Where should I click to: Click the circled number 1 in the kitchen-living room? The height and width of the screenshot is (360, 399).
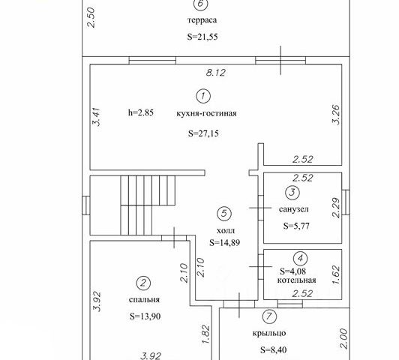(203, 96)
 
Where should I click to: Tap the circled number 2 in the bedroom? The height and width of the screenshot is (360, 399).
(143, 283)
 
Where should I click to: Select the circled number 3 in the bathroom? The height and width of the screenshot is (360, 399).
(292, 192)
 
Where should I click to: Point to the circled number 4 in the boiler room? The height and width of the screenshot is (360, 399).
(301, 259)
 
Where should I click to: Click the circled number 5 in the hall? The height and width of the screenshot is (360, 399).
(224, 213)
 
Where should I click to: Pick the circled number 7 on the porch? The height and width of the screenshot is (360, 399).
(269, 316)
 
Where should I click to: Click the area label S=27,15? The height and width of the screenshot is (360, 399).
(203, 133)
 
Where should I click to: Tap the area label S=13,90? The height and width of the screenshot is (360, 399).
(145, 316)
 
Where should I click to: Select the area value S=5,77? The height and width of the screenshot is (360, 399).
(296, 226)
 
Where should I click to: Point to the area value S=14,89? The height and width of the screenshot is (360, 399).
(225, 243)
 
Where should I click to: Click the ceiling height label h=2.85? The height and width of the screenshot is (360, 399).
(141, 112)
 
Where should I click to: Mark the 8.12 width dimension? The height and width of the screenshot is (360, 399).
(215, 73)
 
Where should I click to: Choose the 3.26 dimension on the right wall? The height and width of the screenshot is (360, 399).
(336, 114)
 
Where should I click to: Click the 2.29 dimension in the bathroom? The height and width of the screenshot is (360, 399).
(336, 208)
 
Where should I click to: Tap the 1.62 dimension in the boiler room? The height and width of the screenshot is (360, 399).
(336, 274)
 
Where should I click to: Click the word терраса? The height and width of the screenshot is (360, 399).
(202, 20)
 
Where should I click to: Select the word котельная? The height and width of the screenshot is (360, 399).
(296, 280)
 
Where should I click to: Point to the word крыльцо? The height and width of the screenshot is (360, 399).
(269, 333)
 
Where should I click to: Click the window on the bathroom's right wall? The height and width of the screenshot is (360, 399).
(346, 202)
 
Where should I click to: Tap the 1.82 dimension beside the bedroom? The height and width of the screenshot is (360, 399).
(205, 334)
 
